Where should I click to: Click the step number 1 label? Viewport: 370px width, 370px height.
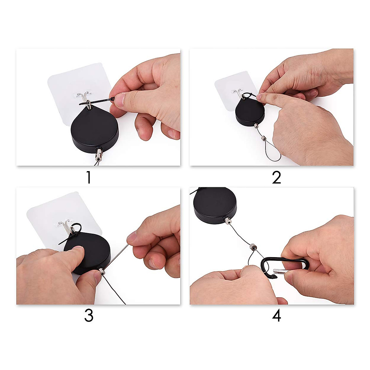click(88, 178)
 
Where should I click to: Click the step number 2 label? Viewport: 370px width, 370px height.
click(276, 178)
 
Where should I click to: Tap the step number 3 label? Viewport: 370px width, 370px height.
click(88, 316)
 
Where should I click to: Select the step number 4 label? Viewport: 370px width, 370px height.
click(277, 316)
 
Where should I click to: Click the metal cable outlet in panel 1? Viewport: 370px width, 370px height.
click(99, 153)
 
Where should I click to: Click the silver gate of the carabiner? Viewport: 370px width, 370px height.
click(281, 272)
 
